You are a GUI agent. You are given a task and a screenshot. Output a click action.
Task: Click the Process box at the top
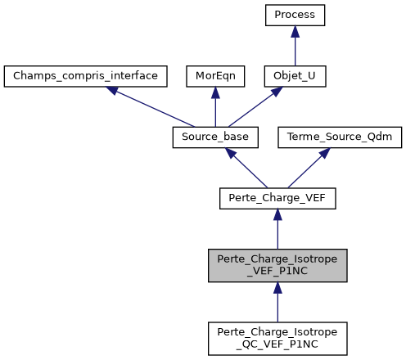[295, 15]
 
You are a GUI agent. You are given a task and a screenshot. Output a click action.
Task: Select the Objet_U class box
[295, 76]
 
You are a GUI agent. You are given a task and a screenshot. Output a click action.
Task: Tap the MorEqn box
[214, 76]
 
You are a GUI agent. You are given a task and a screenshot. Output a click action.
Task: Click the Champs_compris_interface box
[86, 76]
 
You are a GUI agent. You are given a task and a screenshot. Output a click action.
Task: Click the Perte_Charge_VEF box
[277, 198]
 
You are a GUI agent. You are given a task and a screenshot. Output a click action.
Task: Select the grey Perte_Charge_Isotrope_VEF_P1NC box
[277, 264]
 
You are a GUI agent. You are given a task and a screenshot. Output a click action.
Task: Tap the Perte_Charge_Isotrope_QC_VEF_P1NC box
[277, 338]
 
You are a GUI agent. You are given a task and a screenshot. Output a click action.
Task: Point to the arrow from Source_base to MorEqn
[214, 107]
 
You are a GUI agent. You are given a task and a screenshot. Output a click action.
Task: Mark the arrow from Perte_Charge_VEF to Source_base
[246, 168]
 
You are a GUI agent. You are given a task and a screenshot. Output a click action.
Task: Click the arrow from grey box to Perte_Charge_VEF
[277, 228]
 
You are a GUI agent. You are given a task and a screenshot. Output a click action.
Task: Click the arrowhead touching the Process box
[295, 30]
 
